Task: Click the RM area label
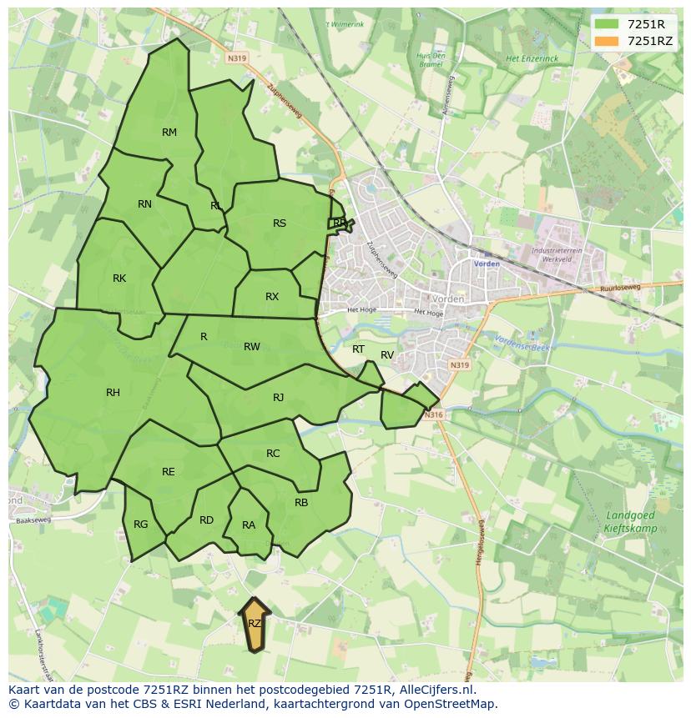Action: pyautogui.click(x=169, y=133)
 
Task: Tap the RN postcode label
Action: pyautogui.click(x=144, y=204)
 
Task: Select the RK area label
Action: pyautogui.click(x=119, y=279)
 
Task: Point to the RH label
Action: pyautogui.click(x=113, y=393)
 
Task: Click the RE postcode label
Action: pyautogui.click(x=169, y=472)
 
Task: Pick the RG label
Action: pyautogui.click(x=140, y=525)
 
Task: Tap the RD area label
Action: pyautogui.click(x=206, y=520)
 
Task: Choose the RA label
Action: pyautogui.click(x=249, y=525)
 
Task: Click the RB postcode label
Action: pyautogui.click(x=301, y=503)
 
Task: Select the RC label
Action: pyautogui.click(x=273, y=454)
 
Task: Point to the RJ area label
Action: pyautogui.click(x=279, y=398)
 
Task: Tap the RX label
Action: pyautogui.click(x=272, y=297)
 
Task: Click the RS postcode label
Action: pyautogui.click(x=280, y=223)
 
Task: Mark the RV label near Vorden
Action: pyautogui.click(x=387, y=355)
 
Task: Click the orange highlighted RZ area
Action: pyautogui.click(x=255, y=625)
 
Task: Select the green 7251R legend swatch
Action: pyautogui.click(x=607, y=24)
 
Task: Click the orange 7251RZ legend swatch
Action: pyautogui.click(x=607, y=41)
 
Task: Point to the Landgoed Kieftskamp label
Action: pyautogui.click(x=630, y=522)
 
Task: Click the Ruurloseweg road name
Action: pyautogui.click(x=618, y=289)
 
